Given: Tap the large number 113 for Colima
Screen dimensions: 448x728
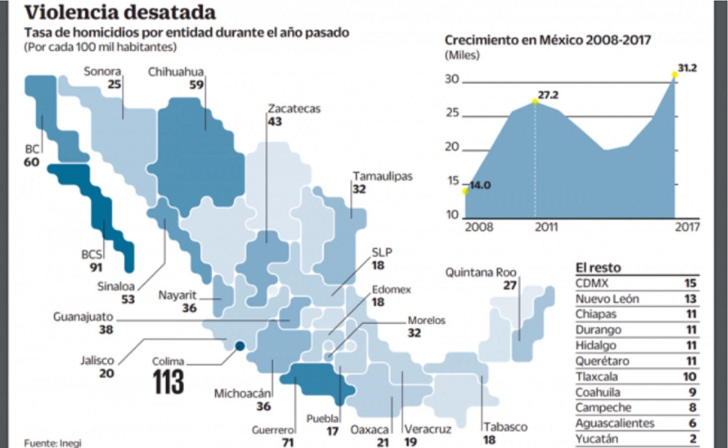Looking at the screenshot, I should coord(168,382).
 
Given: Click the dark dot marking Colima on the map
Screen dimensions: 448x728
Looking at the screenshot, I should coord(239,347).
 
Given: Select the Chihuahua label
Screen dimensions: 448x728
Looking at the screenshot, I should coord(176,72).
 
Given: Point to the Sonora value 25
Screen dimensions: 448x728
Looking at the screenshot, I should coord(114,84).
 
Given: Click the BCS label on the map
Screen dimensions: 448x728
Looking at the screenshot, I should coord(91,255).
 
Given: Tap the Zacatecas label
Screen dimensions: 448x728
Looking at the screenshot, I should coord(294,109).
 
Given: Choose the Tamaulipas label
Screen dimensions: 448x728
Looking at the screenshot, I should coord(382,177).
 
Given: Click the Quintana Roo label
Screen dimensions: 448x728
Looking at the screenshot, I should coord(481,272).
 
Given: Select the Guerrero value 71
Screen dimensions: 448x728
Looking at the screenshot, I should coord(287,442).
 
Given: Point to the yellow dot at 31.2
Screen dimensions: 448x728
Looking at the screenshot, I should coord(674,75).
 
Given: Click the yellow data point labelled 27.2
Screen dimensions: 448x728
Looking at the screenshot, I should coord(535,101).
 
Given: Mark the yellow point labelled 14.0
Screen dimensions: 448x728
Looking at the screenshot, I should coord(465,191).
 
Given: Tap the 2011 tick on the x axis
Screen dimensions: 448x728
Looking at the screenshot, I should coord(546,227).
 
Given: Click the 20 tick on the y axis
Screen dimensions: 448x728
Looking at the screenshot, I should coord(452,147).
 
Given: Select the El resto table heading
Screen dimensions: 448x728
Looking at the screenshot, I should coord(598,268).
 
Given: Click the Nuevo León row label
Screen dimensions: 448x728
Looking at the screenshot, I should coord(607,299).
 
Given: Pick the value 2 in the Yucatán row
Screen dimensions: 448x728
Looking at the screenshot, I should coord(693,439).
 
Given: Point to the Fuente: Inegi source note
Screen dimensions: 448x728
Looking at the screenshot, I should coord(52,443).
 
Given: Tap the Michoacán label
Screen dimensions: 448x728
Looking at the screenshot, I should coord(242,394).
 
